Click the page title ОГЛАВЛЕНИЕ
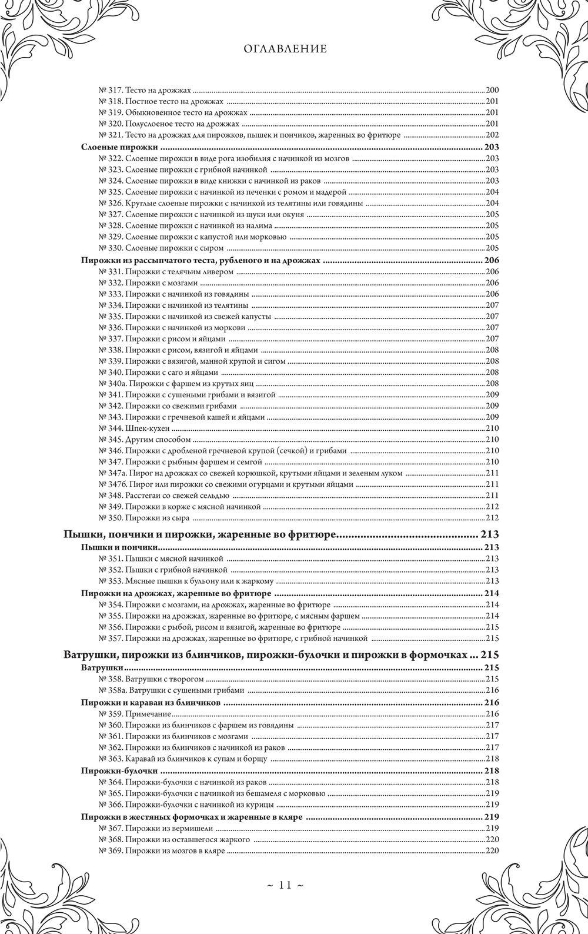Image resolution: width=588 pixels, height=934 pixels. pyautogui.click(x=285, y=49)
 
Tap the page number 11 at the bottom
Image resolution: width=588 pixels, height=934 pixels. pyautogui.click(x=286, y=885)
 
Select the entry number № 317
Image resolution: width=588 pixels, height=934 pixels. pyautogui.click(x=109, y=91)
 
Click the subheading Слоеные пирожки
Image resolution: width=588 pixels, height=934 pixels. pyautogui.click(x=120, y=147)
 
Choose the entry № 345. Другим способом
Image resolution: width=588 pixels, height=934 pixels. pyautogui.click(x=145, y=440)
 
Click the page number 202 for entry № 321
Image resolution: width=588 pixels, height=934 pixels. pyautogui.click(x=492, y=135)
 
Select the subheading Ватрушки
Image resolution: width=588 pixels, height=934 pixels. pyautogui.click(x=102, y=669)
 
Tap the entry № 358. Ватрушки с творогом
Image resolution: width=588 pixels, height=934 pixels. pyautogui.click(x=147, y=679)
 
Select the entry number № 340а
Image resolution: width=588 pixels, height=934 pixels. pyautogui.click(x=111, y=383)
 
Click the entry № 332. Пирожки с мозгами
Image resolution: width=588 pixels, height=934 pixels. pyautogui.click(x=148, y=282)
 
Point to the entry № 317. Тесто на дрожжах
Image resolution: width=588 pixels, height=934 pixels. pyautogui.click(x=145, y=91)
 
